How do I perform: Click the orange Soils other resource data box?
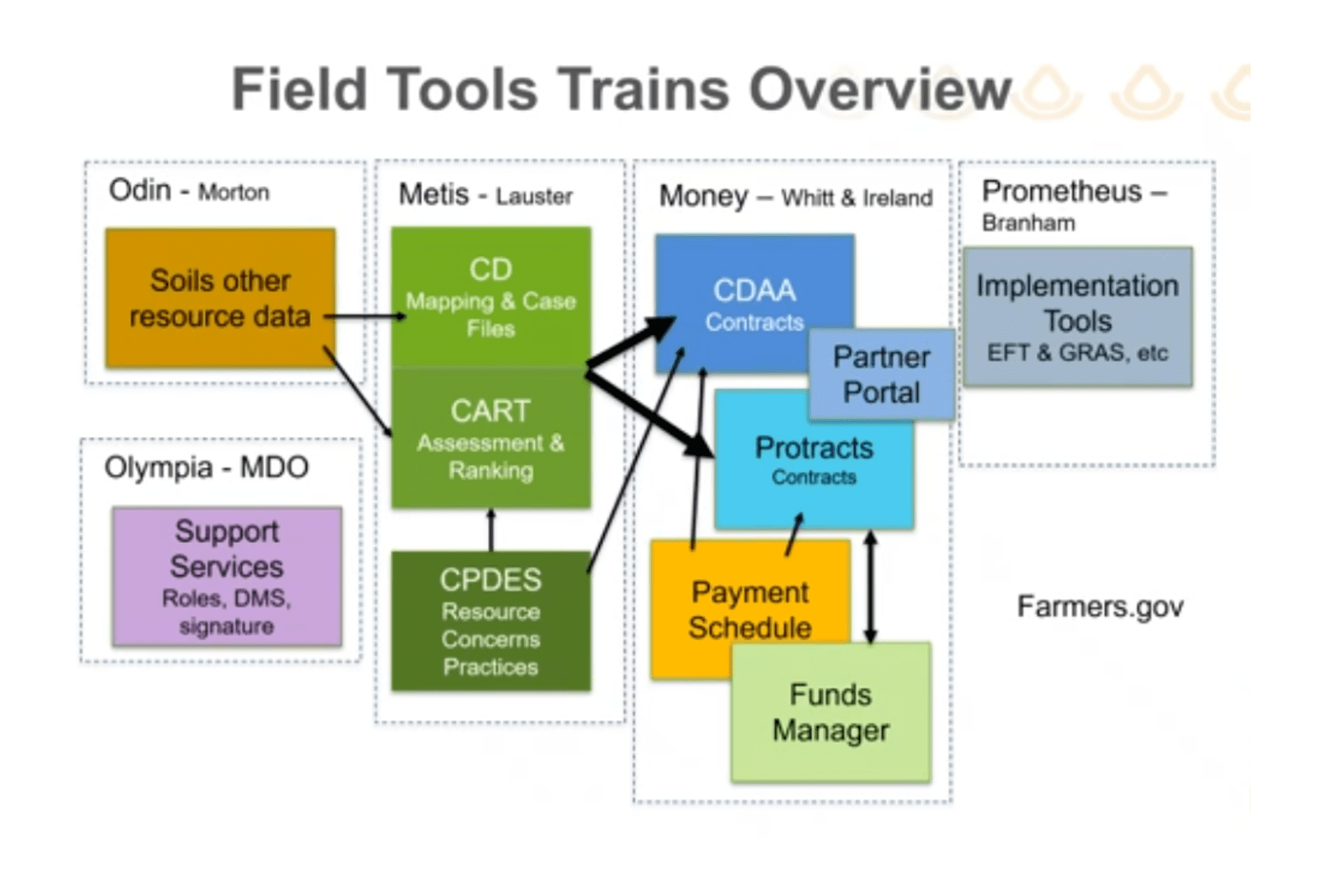click(220, 298)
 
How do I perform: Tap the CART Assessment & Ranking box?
click(491, 438)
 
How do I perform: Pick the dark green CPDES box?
click(491, 621)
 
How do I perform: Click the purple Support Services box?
click(227, 577)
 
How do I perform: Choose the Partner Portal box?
click(881, 375)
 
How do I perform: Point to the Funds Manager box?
click(830, 712)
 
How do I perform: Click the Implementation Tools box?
click(1078, 316)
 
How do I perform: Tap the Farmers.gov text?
click(1100, 606)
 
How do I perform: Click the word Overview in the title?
click(880, 90)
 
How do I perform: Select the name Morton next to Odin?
click(234, 192)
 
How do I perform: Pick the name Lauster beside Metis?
click(534, 196)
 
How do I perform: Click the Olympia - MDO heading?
click(206, 467)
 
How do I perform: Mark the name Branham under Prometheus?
click(1028, 223)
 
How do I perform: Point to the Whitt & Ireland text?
click(857, 198)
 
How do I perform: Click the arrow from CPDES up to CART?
click(491, 529)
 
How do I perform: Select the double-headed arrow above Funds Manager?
click(870, 586)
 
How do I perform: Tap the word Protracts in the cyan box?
click(814, 448)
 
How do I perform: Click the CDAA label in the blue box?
click(755, 290)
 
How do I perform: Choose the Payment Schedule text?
click(750, 610)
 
